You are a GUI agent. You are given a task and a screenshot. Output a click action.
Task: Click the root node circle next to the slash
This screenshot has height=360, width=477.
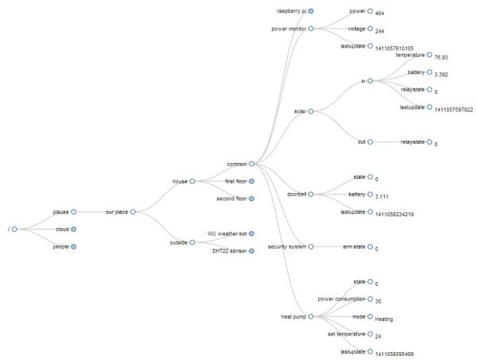pyautogui.click(x=14, y=229)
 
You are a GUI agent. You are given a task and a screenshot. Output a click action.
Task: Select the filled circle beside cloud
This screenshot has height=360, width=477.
pyautogui.click(x=73, y=229)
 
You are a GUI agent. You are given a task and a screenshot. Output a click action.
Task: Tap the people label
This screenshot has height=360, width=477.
pyautogui.click(x=61, y=246)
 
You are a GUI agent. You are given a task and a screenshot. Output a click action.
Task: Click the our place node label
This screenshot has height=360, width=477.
pyautogui.click(x=116, y=212)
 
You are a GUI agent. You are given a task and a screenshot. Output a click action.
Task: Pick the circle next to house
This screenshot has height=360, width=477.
pyautogui.click(x=192, y=181)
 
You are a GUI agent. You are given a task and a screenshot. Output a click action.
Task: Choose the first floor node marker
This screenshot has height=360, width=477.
pyautogui.click(x=252, y=181)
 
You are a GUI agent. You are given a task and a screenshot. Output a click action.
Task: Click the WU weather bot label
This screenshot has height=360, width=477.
pyautogui.click(x=227, y=234)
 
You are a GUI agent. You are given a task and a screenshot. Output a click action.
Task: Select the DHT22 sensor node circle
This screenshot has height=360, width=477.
pyautogui.click(x=252, y=251)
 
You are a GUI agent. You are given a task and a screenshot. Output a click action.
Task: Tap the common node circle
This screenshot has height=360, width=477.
pyautogui.click(x=251, y=164)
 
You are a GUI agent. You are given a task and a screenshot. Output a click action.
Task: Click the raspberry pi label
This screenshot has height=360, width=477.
pyautogui.click(x=291, y=11)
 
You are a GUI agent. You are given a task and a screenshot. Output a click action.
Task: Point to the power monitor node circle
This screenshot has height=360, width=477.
pyautogui.click(x=311, y=29)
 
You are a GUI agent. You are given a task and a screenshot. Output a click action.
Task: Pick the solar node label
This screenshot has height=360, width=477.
pyautogui.click(x=299, y=111)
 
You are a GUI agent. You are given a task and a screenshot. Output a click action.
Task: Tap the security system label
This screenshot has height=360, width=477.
pyautogui.click(x=286, y=246)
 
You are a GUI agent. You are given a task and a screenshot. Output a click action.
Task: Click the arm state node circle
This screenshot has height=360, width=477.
pyautogui.click(x=370, y=246)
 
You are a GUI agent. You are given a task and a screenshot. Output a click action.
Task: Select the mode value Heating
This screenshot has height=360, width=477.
pyautogui.click(x=384, y=319)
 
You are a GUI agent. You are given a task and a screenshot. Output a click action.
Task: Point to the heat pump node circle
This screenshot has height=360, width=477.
pyautogui.click(x=311, y=316)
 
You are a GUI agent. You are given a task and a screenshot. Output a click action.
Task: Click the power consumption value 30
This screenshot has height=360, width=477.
pyautogui.click(x=378, y=301)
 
